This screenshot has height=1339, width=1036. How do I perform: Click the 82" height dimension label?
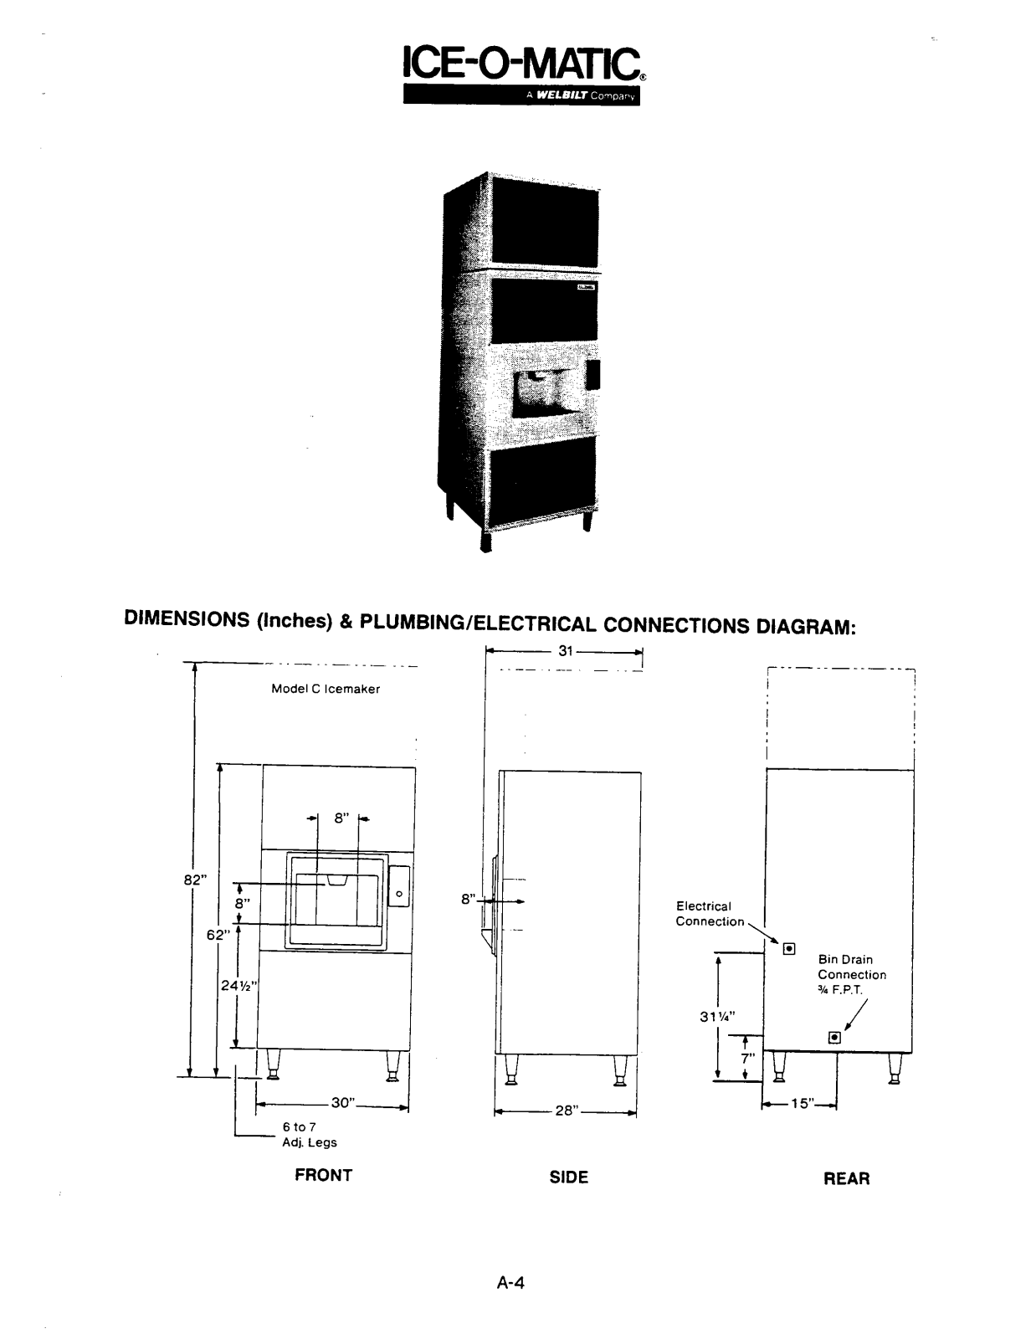point(195,880)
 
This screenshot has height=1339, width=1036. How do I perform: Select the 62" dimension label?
point(218,935)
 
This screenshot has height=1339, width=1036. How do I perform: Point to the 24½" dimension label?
point(238,986)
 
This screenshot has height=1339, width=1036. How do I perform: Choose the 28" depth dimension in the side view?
point(567,1111)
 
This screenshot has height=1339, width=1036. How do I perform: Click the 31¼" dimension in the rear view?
point(715,1018)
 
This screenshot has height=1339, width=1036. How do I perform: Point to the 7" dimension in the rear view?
point(748,1058)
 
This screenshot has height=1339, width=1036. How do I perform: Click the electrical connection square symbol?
point(788,948)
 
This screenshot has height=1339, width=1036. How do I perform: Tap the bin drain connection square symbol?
point(833,1038)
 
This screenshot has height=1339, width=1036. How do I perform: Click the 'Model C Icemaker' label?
point(326,690)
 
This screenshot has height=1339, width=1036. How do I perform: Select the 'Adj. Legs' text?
point(310,1142)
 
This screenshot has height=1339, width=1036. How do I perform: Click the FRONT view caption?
point(323,1175)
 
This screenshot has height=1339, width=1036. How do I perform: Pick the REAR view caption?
point(846,1178)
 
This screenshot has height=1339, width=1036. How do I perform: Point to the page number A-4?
point(510,1283)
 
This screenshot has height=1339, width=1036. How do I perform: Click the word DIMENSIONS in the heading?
point(186,620)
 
